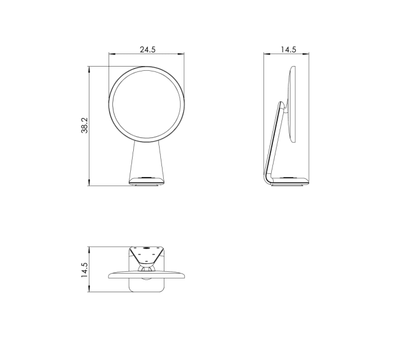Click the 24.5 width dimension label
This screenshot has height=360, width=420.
pos(148,50)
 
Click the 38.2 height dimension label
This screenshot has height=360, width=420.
pos(85,125)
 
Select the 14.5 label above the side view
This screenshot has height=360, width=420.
pos(289,50)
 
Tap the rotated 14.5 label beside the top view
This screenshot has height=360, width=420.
pos(85,270)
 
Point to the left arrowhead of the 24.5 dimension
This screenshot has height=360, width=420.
pos(112,54)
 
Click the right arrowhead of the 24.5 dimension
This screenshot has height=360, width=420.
pos(181,54)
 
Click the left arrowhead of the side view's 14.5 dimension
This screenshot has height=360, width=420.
pos(267,54)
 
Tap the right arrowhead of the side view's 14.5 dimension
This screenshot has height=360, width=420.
pos(305,54)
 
